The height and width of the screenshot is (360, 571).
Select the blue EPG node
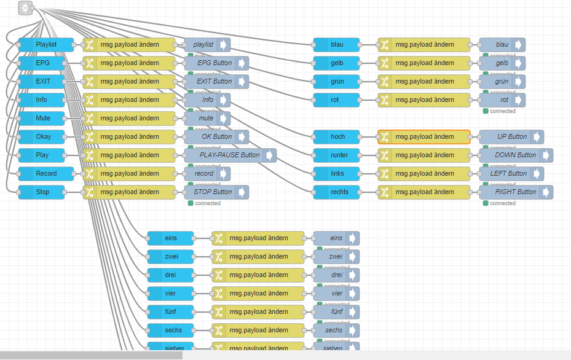pyautogui.click(x=42, y=63)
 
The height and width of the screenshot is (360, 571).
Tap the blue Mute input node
pyautogui.click(x=42, y=118)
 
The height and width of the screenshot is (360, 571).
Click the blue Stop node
pyautogui.click(x=42, y=192)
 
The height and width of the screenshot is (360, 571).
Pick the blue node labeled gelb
pyautogui.click(x=337, y=63)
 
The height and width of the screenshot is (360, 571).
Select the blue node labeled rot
pyautogui.click(x=337, y=100)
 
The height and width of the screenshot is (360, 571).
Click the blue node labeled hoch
pyautogui.click(x=337, y=136)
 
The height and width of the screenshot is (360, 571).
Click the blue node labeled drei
pyautogui.click(x=170, y=275)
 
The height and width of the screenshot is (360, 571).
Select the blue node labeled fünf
pyautogui.click(x=170, y=311)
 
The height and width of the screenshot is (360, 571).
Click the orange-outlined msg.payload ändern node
pyautogui.click(x=424, y=136)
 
